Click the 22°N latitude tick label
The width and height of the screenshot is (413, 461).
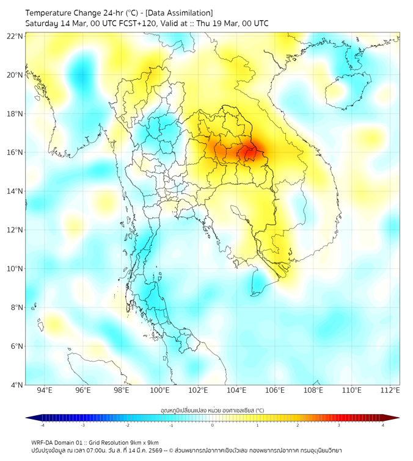click(15, 36)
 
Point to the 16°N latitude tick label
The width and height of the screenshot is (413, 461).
click(15, 152)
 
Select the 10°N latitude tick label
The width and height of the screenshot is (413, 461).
click(15, 269)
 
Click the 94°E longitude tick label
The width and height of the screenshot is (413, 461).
click(45, 390)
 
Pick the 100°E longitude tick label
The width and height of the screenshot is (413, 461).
click(159, 390)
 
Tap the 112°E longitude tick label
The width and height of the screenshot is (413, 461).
click(390, 390)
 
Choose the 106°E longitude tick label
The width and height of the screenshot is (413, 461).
click(275, 390)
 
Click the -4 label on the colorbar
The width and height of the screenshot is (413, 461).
click(42, 425)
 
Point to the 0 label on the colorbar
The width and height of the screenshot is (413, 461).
click(213, 425)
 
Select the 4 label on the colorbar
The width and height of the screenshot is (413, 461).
click(383, 425)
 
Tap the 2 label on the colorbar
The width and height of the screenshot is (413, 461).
click(298, 425)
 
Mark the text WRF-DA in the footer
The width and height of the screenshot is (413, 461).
click(43, 442)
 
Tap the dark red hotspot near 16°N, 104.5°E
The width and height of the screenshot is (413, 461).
click(247, 152)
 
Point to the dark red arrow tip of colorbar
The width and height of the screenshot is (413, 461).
click(396, 418)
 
